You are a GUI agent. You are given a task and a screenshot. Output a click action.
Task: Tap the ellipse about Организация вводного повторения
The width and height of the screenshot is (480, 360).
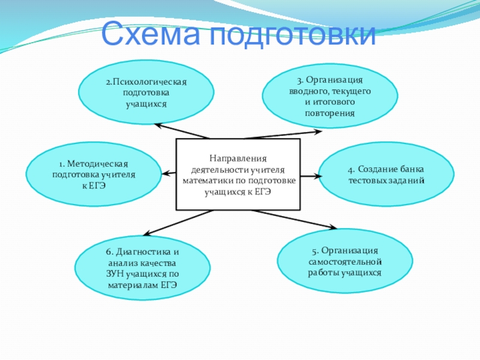(329, 96)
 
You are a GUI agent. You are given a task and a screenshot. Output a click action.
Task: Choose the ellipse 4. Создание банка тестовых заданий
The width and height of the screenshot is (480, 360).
(386, 174)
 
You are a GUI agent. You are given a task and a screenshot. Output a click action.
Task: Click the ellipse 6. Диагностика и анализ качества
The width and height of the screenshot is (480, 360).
(142, 268)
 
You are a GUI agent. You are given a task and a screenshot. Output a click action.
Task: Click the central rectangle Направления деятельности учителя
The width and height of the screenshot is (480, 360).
(238, 175)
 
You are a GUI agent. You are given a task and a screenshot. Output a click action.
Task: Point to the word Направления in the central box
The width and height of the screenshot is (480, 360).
(238, 158)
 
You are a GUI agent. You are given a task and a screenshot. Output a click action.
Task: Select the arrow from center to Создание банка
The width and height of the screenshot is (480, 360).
(309, 175)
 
